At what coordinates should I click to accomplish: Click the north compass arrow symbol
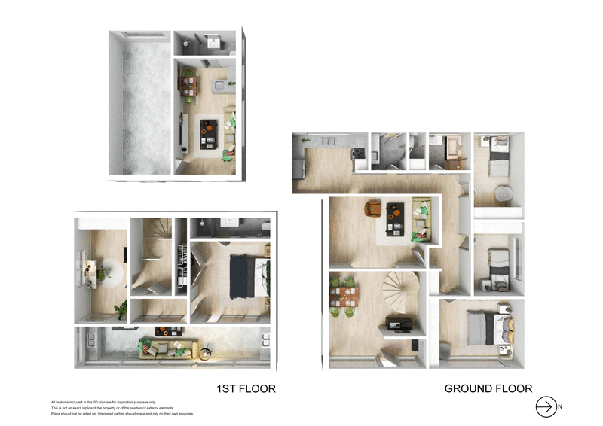(x=544, y=406)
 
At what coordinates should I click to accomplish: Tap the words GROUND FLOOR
(x=488, y=389)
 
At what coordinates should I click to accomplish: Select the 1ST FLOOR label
(x=246, y=389)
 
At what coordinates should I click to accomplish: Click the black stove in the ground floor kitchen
(x=360, y=152)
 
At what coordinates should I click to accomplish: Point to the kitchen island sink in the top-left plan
(x=219, y=84)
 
